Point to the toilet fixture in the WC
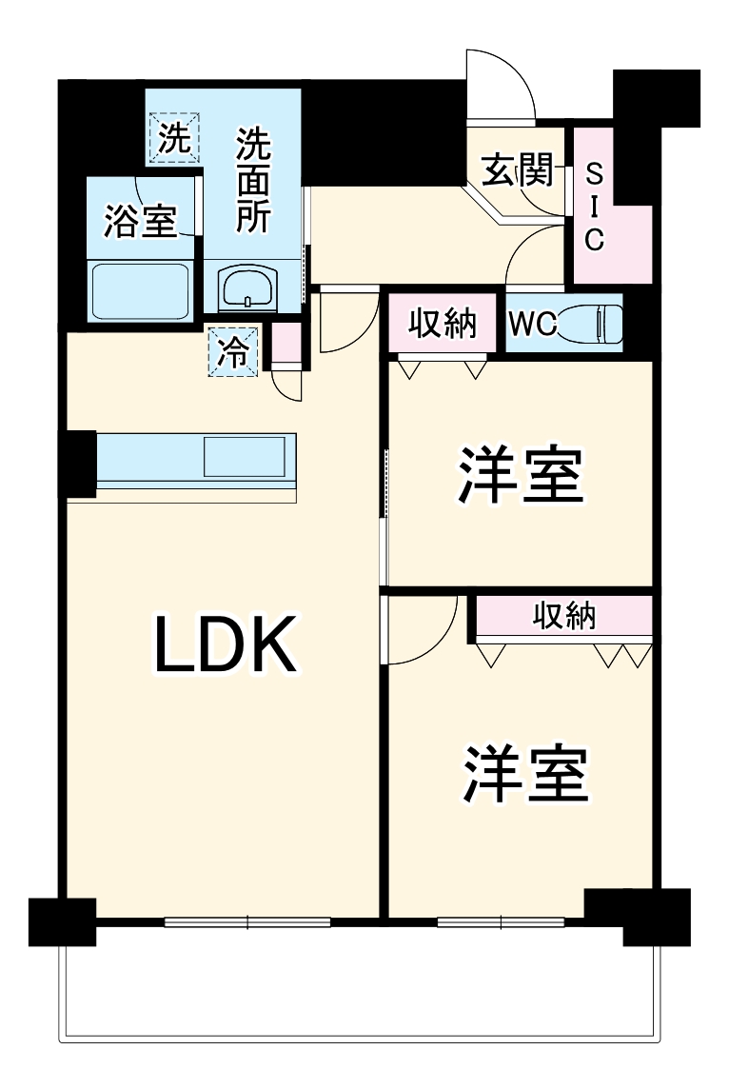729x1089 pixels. (591, 324)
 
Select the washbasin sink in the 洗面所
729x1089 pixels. (248, 287)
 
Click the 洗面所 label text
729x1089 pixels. (253, 181)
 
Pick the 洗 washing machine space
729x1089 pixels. (174, 139)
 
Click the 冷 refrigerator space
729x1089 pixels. (233, 351)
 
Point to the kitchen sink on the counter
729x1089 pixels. (245, 456)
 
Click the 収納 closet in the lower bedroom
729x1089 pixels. (563, 617)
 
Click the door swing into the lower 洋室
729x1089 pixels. (419, 633)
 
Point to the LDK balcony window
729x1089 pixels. (247, 921)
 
